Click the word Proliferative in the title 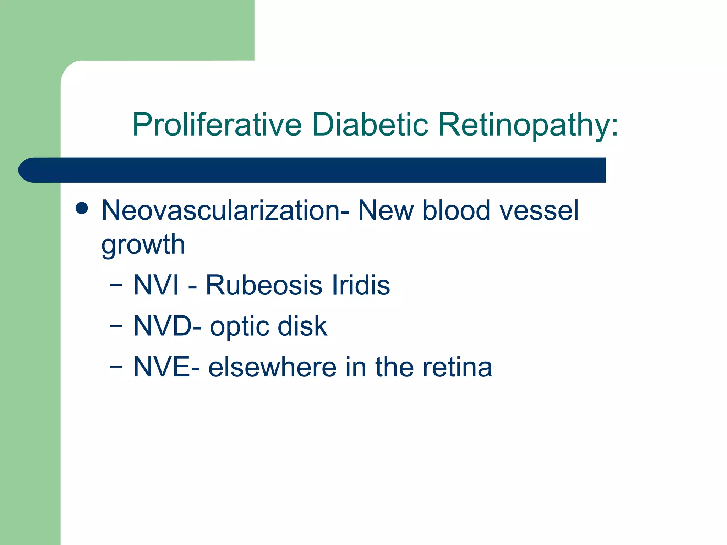(217, 125)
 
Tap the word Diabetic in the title (370, 125)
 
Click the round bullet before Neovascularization (82, 209)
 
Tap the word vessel (539, 210)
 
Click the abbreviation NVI (156, 285)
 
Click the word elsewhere (272, 367)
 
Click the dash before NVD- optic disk (116, 326)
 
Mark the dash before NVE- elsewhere (116, 367)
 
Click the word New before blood (386, 210)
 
